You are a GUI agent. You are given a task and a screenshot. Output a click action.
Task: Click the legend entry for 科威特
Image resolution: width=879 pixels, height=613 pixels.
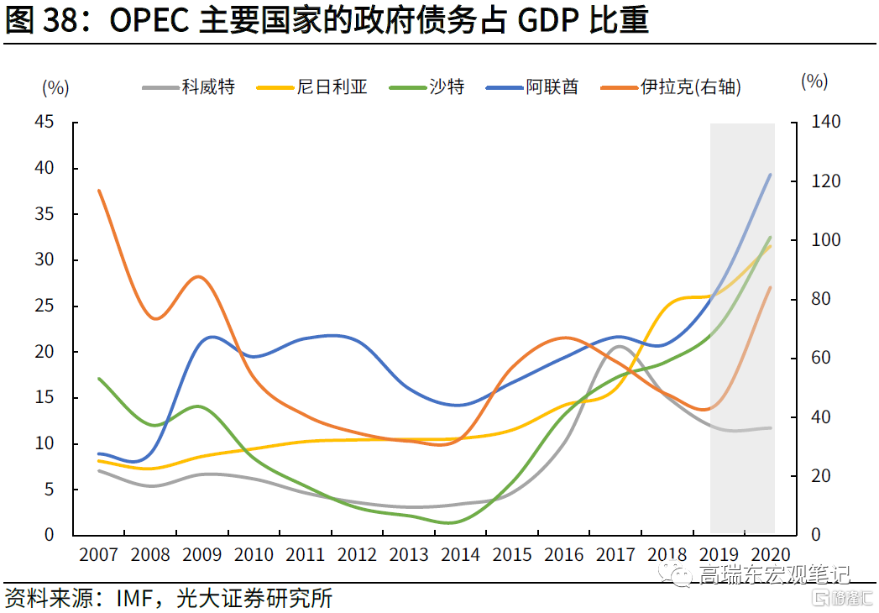189,87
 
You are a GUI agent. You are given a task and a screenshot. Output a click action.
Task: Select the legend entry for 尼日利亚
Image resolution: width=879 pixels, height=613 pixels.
311,87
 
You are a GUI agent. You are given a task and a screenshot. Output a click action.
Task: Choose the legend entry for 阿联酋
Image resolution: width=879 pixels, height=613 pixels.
532,87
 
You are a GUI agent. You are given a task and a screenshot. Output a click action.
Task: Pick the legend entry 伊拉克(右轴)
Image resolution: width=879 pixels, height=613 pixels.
671,87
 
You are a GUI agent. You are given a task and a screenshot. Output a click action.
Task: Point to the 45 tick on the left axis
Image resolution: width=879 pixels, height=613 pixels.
44,122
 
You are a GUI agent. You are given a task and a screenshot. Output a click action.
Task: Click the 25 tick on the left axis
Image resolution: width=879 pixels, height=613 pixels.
44,306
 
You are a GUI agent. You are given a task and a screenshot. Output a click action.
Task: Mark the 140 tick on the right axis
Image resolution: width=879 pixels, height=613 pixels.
826,122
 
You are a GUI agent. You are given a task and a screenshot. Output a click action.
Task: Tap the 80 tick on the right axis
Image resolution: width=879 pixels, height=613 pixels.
821,299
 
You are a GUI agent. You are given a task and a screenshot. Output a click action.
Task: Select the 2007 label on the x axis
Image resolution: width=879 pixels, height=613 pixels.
99,555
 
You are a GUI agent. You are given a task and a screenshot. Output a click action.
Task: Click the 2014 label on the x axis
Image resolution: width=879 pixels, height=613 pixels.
460,555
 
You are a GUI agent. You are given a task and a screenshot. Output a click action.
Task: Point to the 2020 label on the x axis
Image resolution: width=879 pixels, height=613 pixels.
770,555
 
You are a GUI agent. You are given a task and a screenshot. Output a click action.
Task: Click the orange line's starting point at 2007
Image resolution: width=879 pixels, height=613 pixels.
99,191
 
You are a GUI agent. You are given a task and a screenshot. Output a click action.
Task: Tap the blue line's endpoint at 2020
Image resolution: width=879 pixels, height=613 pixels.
770,175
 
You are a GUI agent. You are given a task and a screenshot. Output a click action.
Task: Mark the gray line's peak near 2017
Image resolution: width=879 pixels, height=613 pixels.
619,346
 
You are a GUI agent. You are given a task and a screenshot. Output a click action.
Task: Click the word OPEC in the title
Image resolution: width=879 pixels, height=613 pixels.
149,20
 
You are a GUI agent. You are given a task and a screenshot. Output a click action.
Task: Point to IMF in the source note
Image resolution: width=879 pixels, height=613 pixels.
134,599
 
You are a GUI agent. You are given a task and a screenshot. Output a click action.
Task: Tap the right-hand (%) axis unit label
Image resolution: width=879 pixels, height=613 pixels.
814,81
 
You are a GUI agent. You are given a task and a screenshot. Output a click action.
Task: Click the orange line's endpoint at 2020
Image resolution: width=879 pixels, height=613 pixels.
770,287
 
